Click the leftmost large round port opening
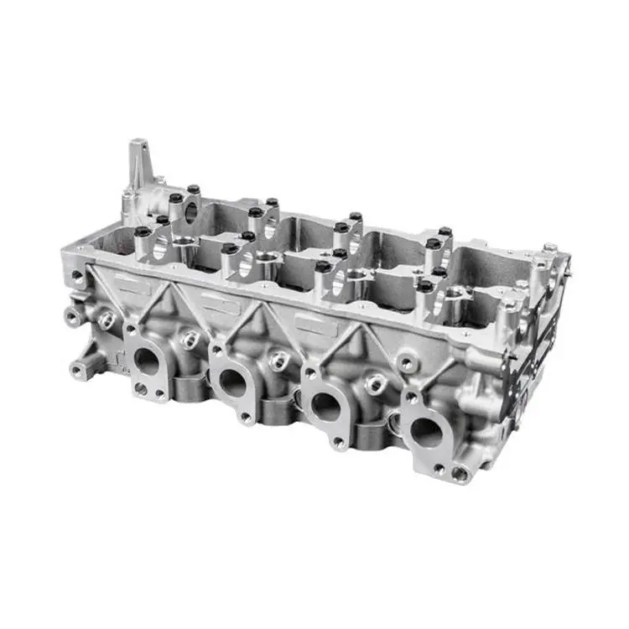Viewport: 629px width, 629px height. point(147,361)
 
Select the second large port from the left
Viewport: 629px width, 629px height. point(232,382)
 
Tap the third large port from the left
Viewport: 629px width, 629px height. point(326,406)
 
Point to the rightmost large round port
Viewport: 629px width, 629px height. point(427,432)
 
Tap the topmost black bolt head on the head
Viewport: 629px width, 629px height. point(193,189)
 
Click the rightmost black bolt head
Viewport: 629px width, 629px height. point(444,231)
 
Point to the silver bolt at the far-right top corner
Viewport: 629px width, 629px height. point(549,247)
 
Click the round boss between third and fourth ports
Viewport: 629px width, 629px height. point(372,383)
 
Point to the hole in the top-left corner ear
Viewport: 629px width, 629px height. point(77,274)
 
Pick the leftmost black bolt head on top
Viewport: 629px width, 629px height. point(143,231)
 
